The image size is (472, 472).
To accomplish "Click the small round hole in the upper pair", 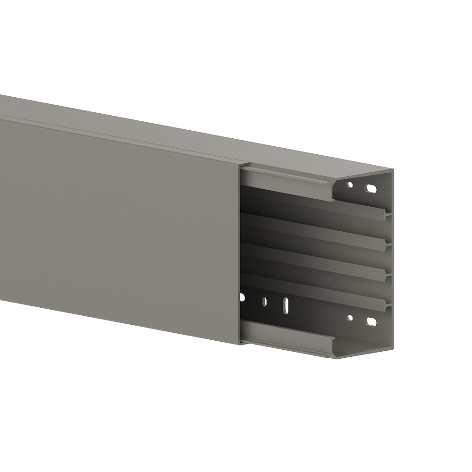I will pos(350,185).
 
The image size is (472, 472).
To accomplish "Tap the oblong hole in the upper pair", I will pos(371,189).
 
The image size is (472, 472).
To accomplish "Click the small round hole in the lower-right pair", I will pos(350,318).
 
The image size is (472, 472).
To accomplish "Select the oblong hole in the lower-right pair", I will pos(371,322).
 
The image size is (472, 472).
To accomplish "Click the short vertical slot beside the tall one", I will pos(264,301).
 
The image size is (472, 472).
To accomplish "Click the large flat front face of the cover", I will pos(118,227).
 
